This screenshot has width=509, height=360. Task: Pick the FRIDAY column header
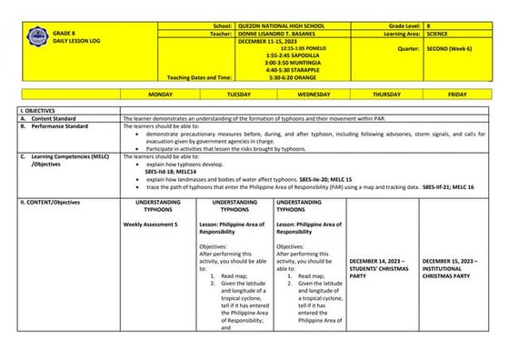tap(457, 94)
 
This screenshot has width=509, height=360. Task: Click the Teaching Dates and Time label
tap(199, 77)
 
